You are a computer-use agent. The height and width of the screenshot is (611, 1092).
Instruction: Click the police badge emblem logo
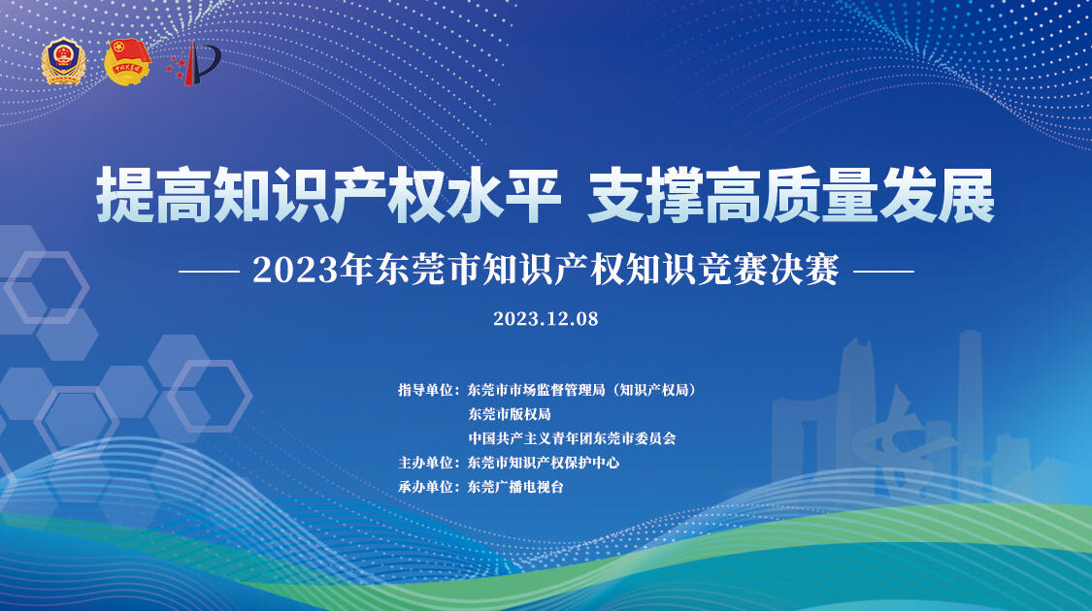click(x=63, y=62)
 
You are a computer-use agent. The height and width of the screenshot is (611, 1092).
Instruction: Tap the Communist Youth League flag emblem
click(x=127, y=62)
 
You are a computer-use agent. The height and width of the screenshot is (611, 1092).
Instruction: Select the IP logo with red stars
click(x=193, y=63)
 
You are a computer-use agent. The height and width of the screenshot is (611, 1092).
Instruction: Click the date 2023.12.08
click(x=546, y=319)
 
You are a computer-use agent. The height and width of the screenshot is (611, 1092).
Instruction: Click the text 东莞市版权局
click(x=509, y=414)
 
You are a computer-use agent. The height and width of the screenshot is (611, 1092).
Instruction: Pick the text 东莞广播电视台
click(x=515, y=487)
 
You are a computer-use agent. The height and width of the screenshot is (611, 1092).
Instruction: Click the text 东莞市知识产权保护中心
click(x=544, y=463)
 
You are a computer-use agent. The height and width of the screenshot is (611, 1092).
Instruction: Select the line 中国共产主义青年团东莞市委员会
click(x=572, y=438)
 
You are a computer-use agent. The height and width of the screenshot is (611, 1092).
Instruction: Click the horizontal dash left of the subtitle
click(x=209, y=272)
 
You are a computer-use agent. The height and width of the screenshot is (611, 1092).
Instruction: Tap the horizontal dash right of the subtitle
click(x=883, y=272)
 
